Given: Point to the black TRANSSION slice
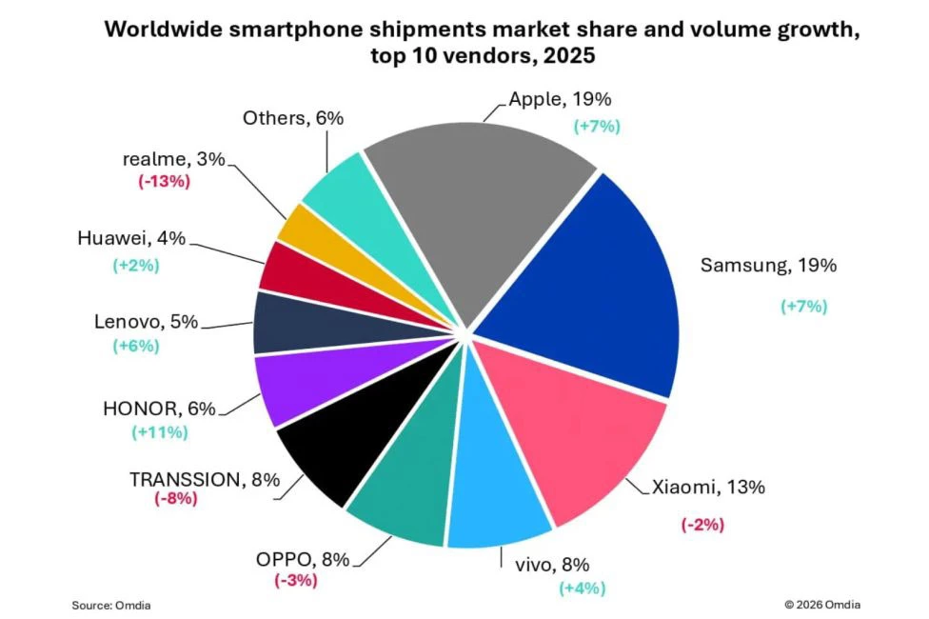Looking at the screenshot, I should [x=343, y=448].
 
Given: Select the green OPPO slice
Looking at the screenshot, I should [x=405, y=486].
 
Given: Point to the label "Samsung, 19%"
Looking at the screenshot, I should [x=768, y=266].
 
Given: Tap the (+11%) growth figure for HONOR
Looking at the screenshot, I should [x=159, y=432].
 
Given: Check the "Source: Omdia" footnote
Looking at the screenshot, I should [x=111, y=605].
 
